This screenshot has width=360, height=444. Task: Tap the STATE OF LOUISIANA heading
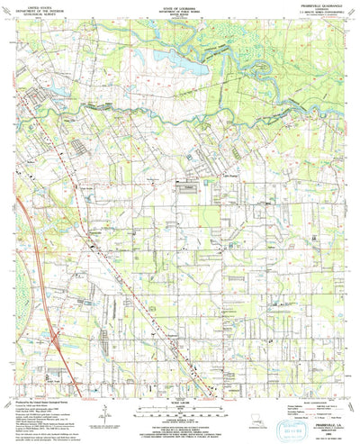pos(180,5)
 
